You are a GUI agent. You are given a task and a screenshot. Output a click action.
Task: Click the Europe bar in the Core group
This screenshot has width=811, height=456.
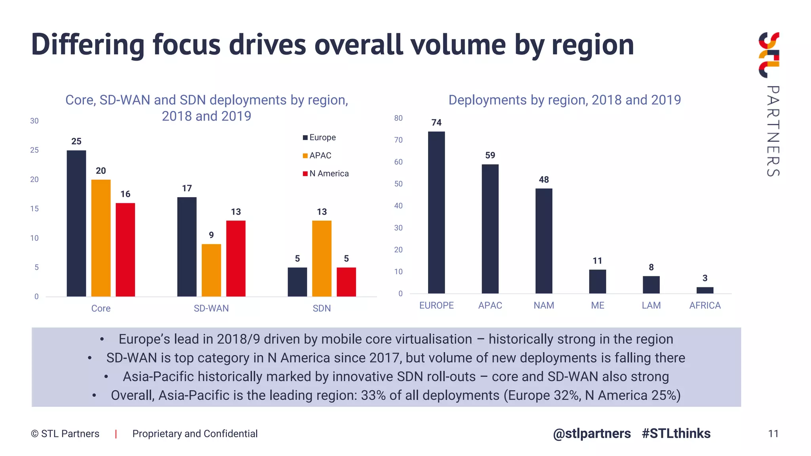76,223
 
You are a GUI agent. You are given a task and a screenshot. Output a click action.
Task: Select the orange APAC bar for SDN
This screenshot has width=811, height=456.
322,258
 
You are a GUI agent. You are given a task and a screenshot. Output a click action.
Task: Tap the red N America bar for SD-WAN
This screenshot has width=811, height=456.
236,258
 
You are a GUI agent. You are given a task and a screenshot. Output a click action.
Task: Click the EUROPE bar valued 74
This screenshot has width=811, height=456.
436,212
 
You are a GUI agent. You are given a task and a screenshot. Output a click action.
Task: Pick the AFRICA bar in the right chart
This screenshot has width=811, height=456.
704,290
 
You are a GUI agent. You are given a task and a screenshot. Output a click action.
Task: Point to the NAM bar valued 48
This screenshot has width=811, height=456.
544,241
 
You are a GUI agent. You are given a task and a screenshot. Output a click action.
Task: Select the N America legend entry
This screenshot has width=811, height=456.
326,174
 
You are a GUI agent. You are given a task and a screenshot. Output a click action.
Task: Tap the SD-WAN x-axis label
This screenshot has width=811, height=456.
211,308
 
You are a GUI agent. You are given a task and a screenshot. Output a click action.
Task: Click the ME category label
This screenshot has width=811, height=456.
597,306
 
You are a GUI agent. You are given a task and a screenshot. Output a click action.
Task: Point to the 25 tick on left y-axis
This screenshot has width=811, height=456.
34,150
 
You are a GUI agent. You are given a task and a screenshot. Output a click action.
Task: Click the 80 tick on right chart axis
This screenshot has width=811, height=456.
398,118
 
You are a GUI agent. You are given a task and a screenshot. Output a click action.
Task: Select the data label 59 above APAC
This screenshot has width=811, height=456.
490,155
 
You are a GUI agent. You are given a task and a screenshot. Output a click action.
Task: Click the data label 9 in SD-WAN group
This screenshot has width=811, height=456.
211,235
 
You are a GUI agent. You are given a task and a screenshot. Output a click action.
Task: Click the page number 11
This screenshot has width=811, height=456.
773,434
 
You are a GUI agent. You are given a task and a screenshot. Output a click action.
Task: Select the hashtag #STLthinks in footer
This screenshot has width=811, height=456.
676,433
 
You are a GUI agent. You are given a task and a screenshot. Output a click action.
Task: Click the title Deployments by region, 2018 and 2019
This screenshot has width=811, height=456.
564,100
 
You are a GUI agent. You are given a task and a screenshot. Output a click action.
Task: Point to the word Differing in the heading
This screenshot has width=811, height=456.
88,45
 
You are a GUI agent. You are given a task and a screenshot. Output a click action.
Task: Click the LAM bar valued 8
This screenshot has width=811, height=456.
651,285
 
